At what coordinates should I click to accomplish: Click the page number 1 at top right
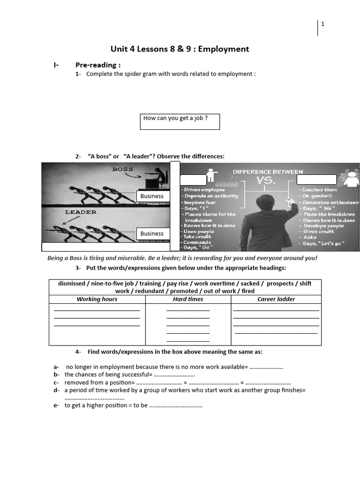322,24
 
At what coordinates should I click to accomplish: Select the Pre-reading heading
98,65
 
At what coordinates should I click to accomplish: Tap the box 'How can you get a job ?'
180,121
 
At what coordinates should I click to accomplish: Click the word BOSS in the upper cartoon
122,169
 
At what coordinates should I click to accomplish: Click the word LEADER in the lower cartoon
81,212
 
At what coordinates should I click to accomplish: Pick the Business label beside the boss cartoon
152,196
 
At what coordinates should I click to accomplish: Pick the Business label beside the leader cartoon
152,233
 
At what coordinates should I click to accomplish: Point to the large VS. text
264,181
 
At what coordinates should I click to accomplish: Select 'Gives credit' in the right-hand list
318,232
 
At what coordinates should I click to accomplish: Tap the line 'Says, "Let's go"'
323,243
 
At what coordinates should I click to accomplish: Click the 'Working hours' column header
97,299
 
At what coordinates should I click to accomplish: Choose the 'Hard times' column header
188,299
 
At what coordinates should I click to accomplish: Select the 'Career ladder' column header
276,299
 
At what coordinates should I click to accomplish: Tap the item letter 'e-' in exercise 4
56,405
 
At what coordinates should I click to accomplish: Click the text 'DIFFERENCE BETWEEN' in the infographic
268,172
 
